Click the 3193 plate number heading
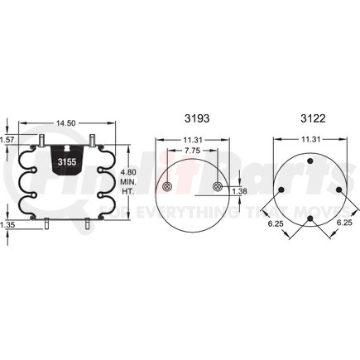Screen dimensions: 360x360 pyautogui.click(x=193, y=117)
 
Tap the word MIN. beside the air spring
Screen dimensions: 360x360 pyautogui.click(x=127, y=181)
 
